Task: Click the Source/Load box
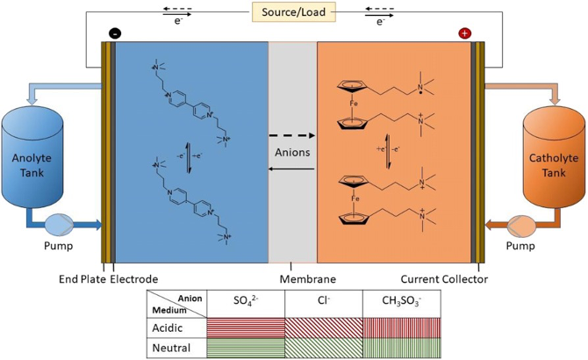tap(292, 13)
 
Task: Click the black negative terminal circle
tap(115, 33)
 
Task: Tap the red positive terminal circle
tap(464, 33)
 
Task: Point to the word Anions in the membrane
tap(292, 152)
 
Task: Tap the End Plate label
tap(82, 279)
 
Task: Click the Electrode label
tap(134, 279)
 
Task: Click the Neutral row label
tap(174, 348)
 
